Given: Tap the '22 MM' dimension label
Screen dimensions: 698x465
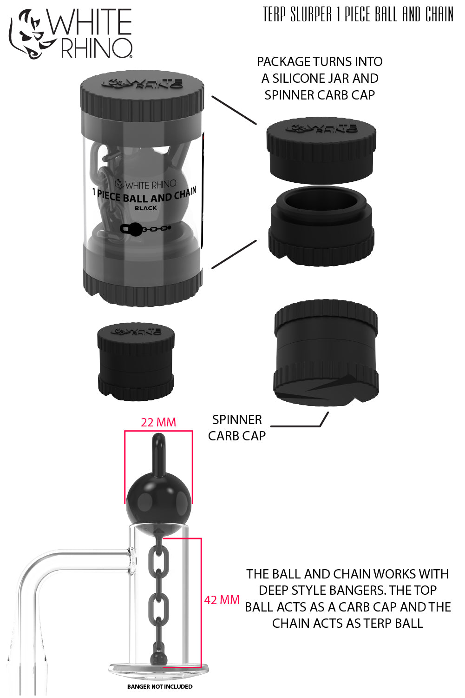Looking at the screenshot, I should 158,422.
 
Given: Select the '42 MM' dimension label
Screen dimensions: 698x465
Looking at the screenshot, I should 222,600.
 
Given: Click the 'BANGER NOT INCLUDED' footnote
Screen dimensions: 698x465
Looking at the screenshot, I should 160,686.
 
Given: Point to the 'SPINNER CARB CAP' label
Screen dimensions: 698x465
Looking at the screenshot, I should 237,428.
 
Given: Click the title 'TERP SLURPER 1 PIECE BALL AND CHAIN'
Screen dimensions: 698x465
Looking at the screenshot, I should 358,15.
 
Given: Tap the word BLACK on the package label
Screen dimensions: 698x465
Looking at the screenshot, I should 146,208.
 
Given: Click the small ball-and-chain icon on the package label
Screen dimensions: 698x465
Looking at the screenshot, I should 145,228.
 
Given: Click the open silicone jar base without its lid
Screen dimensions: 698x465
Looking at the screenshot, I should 321,226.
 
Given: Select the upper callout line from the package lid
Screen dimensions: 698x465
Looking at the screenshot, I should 234,110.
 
